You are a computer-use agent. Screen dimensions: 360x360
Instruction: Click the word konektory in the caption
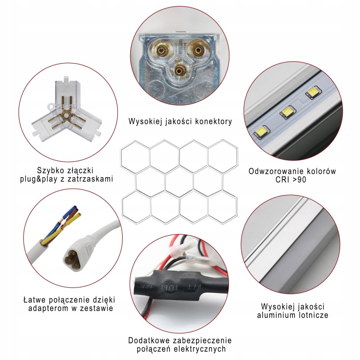click(214, 121)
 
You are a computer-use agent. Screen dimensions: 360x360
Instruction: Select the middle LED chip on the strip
click(288, 112)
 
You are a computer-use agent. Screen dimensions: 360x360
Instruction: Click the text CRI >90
click(291, 179)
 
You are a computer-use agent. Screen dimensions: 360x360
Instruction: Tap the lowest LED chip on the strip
click(262, 132)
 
